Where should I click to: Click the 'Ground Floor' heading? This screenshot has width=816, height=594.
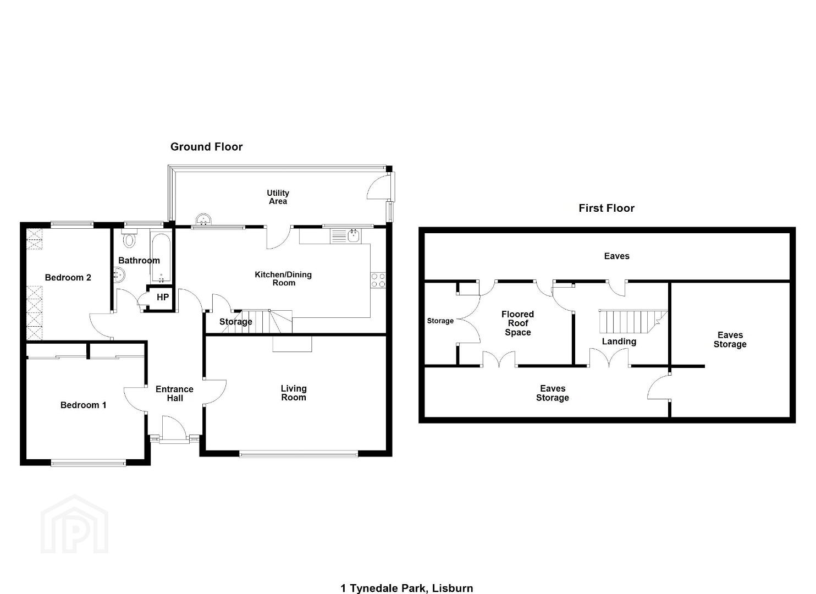click(x=206, y=147)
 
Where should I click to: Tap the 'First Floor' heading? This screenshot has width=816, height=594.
click(x=607, y=208)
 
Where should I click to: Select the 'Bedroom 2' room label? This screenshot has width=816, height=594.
click(x=68, y=277)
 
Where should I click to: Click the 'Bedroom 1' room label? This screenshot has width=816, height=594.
click(x=84, y=405)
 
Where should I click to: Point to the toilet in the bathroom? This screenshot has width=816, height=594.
click(x=129, y=239)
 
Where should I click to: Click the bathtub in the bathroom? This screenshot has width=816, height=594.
click(x=161, y=257)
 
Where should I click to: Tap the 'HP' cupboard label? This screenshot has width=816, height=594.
click(x=162, y=298)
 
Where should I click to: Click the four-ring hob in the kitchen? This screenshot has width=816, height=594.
click(x=378, y=280)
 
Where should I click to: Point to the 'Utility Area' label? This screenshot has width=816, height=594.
click(x=278, y=197)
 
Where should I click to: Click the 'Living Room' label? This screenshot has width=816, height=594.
click(x=294, y=393)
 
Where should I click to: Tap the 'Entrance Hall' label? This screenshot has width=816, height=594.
click(x=174, y=394)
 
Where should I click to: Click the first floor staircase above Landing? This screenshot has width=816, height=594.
click(x=633, y=321)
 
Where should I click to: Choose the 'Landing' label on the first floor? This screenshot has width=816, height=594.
click(x=619, y=342)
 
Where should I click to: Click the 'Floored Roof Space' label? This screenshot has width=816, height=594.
click(x=517, y=323)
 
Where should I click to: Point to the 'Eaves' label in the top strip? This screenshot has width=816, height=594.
click(x=617, y=256)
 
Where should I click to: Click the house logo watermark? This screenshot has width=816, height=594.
click(x=74, y=524)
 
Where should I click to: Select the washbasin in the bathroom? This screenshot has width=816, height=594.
click(x=119, y=274)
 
